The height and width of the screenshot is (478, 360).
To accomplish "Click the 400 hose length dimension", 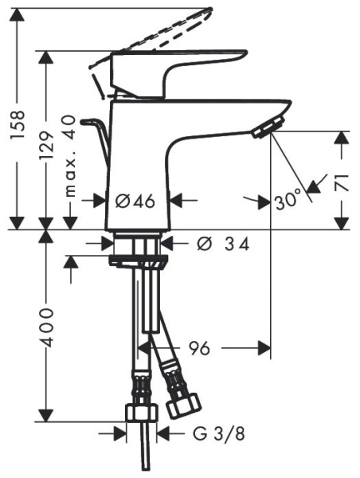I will click(x=47, y=326).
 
